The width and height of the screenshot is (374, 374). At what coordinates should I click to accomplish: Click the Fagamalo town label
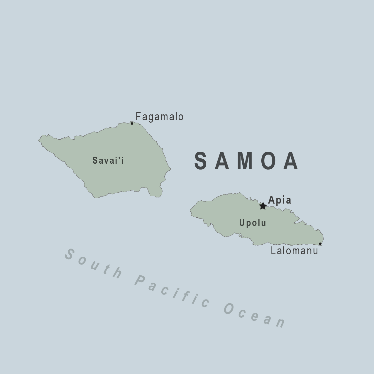coord(159,117)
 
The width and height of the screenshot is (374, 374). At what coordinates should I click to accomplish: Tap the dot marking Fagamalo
coord(132,123)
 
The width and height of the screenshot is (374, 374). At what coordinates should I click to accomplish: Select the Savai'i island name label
coord(108,160)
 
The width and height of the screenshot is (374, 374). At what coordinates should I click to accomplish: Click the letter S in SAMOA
coord(201,161)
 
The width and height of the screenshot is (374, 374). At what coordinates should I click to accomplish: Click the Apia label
coord(280,200)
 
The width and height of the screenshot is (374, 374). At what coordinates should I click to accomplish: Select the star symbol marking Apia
coord(263,206)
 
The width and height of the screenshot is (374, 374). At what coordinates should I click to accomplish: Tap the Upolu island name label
coord(253,223)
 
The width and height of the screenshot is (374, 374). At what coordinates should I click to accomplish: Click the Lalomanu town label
coord(294,251)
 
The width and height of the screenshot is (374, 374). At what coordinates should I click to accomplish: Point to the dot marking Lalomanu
coord(320,244)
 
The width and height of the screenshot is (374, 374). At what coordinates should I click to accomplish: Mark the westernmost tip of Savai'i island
coord(38,140)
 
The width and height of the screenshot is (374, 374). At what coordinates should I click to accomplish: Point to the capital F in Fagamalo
coord(138,117)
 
